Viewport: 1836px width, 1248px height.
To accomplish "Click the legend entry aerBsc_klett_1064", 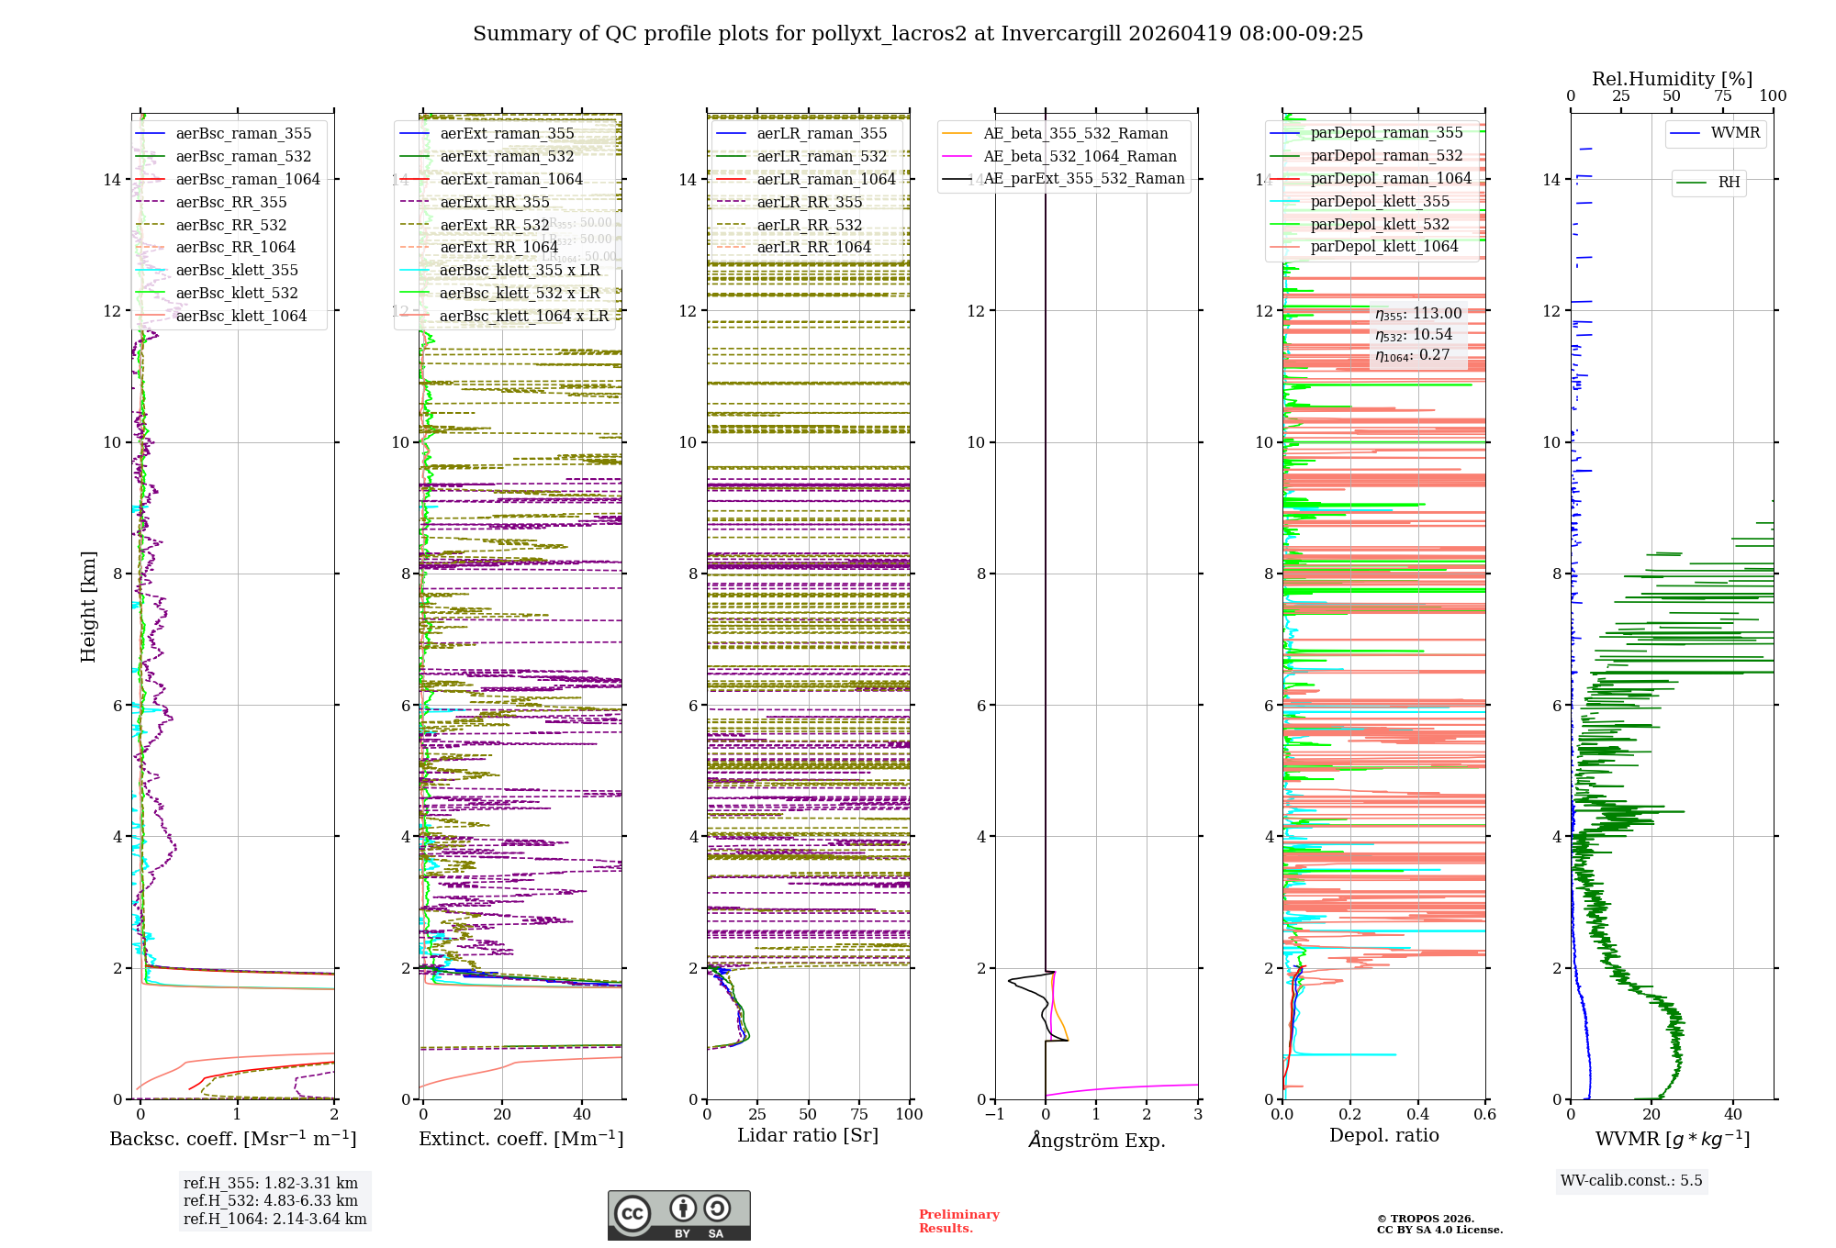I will tap(241, 316).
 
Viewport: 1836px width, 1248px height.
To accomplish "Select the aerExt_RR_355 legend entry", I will tap(495, 202).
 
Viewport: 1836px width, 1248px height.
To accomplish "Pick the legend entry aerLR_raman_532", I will tap(822, 156).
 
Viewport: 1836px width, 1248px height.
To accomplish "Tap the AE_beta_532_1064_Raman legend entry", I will tap(1080, 156).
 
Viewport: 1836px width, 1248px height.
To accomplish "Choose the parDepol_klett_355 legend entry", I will tap(1380, 201).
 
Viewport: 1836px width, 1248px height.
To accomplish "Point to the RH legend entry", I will tap(1729, 183).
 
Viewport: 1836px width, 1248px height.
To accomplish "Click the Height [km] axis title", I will tap(88, 606).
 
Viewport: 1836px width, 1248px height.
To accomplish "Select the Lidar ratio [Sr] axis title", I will tap(808, 1135).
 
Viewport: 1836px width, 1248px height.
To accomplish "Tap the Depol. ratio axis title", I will tap(1383, 1135).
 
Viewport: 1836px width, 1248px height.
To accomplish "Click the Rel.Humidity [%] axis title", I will tap(1672, 79).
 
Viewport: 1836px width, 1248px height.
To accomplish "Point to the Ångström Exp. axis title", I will tap(1096, 1140).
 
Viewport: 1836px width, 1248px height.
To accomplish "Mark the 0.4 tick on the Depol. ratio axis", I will tap(1417, 1115).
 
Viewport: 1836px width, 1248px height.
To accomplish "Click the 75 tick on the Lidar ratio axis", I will tap(859, 1115).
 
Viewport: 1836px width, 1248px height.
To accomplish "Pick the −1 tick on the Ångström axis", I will tap(994, 1115).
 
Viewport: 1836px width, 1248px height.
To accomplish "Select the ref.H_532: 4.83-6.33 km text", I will tap(271, 1200).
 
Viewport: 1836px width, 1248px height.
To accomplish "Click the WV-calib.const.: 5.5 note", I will tap(1631, 1180).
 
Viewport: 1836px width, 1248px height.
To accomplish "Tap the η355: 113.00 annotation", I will tap(1418, 314).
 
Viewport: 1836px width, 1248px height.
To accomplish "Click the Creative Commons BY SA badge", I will tap(678, 1215).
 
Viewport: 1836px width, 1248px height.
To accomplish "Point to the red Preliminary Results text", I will tap(958, 1220).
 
